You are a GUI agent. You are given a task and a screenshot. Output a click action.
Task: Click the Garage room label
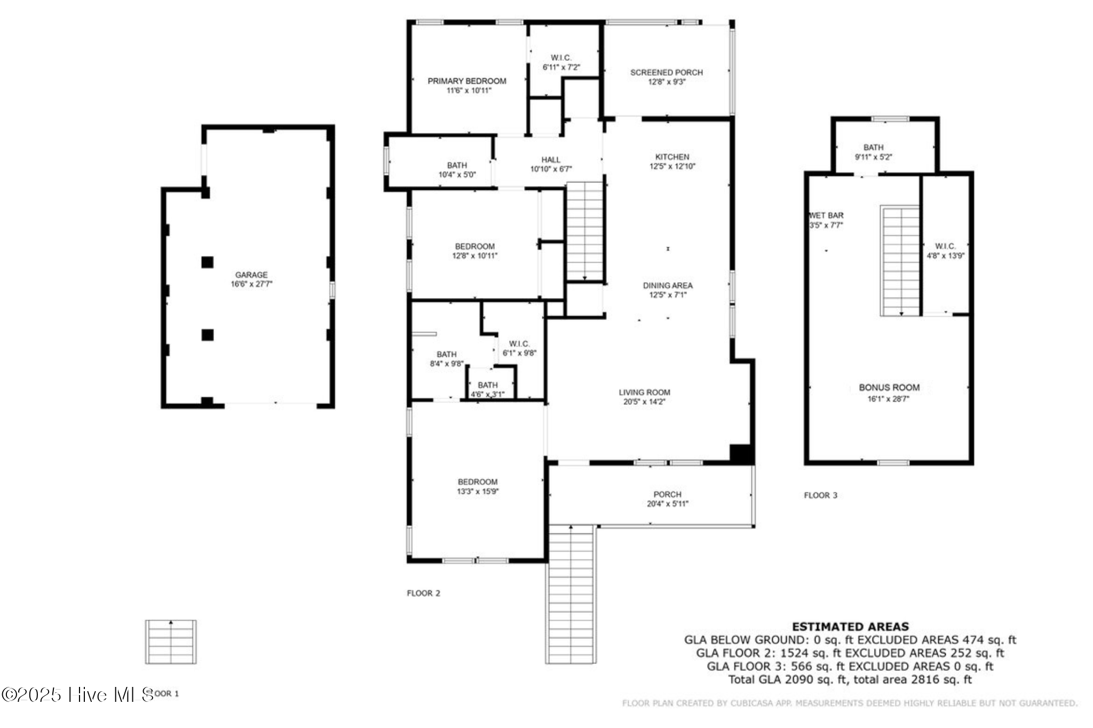(251, 275)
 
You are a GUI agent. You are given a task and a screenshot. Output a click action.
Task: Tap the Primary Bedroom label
(467, 81)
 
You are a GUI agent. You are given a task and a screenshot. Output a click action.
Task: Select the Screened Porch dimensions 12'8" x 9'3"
(667, 82)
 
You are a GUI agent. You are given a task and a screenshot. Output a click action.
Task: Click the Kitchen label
(672, 157)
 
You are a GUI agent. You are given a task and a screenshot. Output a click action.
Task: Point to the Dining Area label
(668, 285)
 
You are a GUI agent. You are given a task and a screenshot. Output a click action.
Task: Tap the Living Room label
(644, 392)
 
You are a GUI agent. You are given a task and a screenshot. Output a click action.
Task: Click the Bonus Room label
(889, 388)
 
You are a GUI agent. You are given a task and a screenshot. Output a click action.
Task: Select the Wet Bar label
(826, 215)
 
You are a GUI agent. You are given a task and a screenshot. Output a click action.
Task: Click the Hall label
(551, 159)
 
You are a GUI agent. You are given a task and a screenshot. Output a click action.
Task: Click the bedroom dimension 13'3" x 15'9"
(478, 492)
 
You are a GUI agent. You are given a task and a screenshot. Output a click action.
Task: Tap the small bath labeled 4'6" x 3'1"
(487, 389)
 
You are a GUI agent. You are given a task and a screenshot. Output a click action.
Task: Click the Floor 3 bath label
(873, 147)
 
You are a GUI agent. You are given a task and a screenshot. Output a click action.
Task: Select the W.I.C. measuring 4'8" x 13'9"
(945, 251)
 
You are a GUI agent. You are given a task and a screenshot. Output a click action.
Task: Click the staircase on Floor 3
(900, 261)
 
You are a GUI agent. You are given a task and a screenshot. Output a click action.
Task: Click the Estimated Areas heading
(850, 627)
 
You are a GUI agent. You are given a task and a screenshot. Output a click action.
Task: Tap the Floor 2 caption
(423, 593)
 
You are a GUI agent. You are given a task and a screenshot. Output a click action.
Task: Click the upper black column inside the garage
(208, 262)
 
